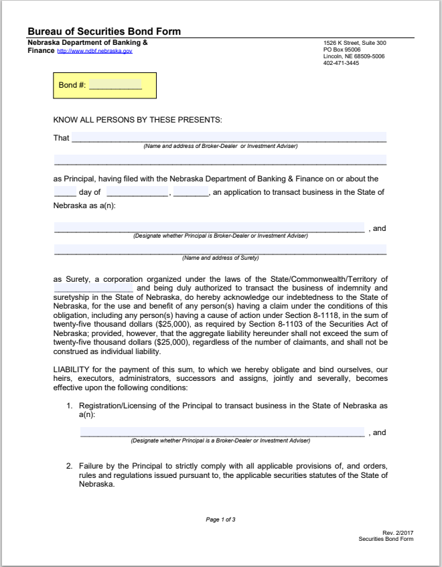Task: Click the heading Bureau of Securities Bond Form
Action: click(104, 31)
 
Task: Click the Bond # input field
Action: click(115, 85)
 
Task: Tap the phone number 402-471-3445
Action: click(341, 62)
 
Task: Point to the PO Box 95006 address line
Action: click(342, 50)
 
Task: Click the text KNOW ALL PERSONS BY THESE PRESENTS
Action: click(137, 120)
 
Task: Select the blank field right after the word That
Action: click(228, 138)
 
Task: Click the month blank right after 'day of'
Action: click(137, 193)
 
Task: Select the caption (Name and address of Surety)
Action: click(220, 258)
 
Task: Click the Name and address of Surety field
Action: click(220, 250)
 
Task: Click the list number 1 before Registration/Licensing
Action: click(69, 406)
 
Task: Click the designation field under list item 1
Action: click(222, 432)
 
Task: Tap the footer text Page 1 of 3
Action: click(220, 519)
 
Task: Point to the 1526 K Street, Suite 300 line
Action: click(354, 43)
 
